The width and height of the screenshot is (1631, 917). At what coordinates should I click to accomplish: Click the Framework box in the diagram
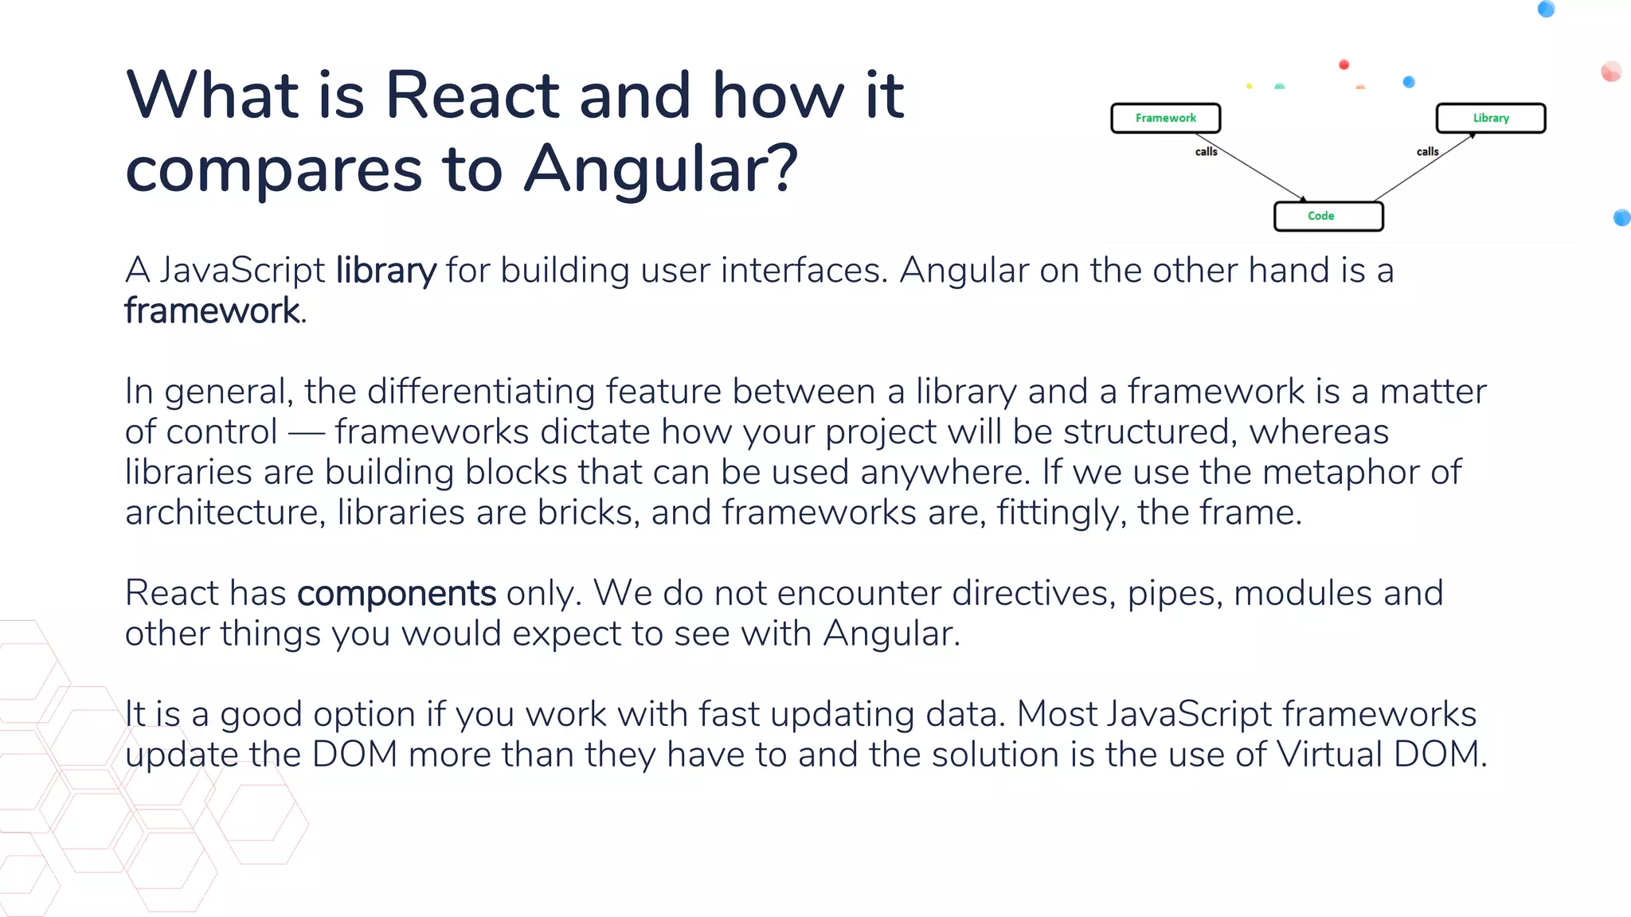point(1165,118)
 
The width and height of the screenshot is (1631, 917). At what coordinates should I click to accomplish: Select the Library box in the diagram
point(1490,118)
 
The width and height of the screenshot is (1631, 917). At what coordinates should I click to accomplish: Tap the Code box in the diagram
point(1328,216)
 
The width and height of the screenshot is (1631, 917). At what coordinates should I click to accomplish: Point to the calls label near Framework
point(1206,151)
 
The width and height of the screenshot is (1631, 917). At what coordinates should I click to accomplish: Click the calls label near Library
point(1427,151)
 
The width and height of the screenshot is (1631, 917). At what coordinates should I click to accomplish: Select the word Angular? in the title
point(660,170)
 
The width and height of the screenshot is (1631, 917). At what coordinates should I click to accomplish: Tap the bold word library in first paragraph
point(385,271)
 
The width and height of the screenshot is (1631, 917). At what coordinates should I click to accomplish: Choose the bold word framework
point(212,310)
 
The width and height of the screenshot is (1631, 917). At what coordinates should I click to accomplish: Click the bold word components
point(397,593)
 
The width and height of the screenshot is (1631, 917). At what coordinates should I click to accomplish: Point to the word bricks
point(589,512)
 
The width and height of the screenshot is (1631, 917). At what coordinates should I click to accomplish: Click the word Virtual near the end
point(1329,754)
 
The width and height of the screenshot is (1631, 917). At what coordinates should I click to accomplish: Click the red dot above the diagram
point(1344,64)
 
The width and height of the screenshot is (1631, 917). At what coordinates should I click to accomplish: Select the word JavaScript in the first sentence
point(242,271)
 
